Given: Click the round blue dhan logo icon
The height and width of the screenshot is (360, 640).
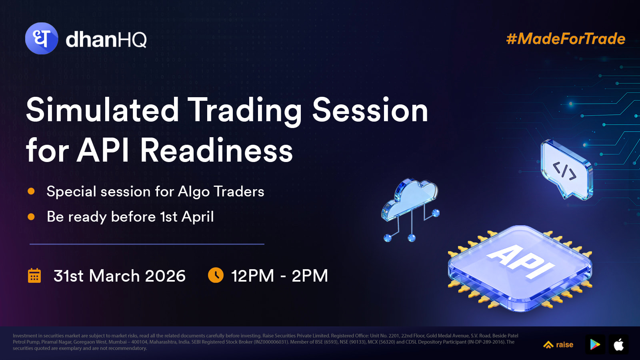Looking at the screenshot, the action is click(x=42, y=38).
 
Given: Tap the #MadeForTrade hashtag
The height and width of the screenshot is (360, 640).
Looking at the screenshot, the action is click(x=566, y=39).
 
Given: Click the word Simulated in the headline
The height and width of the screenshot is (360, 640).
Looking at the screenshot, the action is click(x=102, y=110).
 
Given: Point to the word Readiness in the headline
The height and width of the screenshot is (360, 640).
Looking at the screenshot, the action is click(x=216, y=150).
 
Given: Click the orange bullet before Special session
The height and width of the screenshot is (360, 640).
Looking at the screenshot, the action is click(x=31, y=191).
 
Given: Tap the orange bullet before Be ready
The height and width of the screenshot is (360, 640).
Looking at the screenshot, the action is click(x=31, y=217).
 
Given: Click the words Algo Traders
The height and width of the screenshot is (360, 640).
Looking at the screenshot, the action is click(x=221, y=192).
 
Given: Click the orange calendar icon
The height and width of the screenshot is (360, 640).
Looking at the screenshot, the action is click(x=34, y=276).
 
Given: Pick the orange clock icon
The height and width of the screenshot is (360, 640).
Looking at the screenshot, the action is click(x=216, y=275).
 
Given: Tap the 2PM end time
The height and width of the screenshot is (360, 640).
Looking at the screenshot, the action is click(x=310, y=276).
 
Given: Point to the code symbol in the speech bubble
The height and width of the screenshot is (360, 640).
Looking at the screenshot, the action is click(x=564, y=171).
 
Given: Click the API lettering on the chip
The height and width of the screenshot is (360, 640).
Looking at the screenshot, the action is click(x=520, y=262).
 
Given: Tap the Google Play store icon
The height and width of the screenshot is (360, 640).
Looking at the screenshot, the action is click(x=595, y=344).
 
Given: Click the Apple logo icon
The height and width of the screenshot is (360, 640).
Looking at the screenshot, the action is click(x=619, y=344).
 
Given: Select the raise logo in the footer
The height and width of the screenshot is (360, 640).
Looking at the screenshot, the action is click(x=558, y=345).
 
